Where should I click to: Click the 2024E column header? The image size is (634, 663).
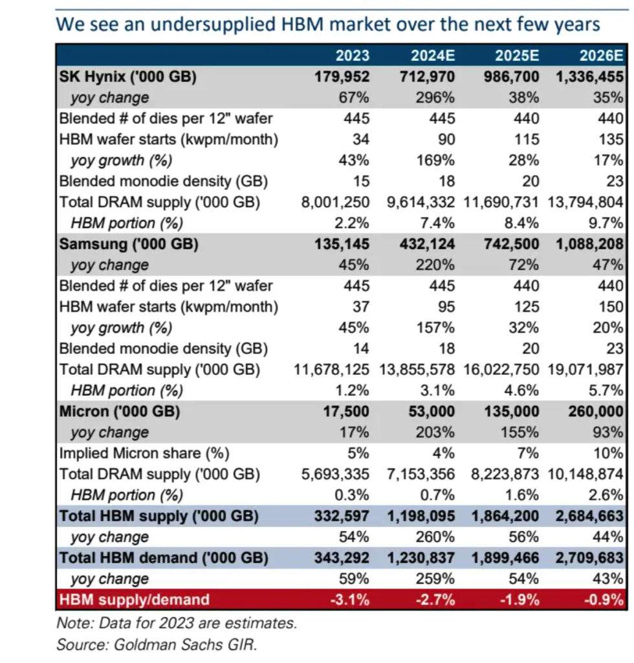[x=433, y=56]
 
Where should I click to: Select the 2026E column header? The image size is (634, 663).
[x=601, y=56]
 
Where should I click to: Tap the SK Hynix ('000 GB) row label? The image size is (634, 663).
[x=128, y=76]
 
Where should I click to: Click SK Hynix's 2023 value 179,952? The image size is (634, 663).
[x=342, y=76]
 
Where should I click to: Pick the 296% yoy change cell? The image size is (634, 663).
[x=435, y=98]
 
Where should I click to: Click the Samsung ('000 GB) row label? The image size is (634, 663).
[x=129, y=244]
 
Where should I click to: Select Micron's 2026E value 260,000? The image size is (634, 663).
[x=596, y=411]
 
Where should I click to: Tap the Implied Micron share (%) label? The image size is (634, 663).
[x=144, y=453]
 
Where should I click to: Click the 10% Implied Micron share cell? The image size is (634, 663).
[x=608, y=453]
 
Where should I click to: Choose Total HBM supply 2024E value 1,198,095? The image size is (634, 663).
[x=421, y=516]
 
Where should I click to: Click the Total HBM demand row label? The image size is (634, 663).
[x=164, y=557]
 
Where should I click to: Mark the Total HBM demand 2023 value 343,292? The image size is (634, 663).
[x=342, y=557]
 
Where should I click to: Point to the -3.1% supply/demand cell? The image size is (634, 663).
[x=350, y=600]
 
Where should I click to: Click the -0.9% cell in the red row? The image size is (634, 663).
[x=604, y=600]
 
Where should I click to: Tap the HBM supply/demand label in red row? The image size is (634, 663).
[x=135, y=600]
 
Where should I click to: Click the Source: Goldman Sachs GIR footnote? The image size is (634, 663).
[x=157, y=645]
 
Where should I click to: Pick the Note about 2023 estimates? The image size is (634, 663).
[x=177, y=624]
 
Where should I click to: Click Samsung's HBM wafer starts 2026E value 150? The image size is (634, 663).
[x=611, y=306]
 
